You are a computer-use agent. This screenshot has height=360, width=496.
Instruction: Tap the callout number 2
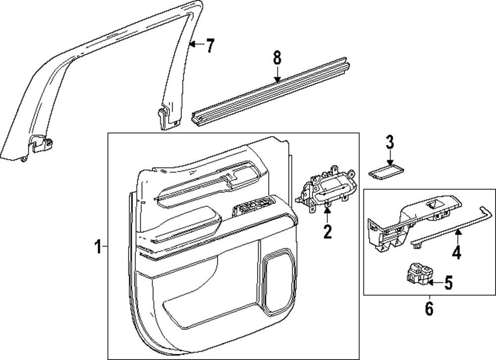pyautogui.click(x=327, y=231)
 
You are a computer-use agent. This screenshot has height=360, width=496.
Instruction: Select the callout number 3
pyautogui.click(x=390, y=143)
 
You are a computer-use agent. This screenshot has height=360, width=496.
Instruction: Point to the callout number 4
pyautogui.click(x=456, y=253)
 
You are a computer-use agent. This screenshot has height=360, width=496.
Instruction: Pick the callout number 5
pyautogui.click(x=448, y=283)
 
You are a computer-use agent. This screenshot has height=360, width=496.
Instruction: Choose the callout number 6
pyautogui.click(x=429, y=308)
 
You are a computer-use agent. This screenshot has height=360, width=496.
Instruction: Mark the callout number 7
pyautogui.click(x=210, y=46)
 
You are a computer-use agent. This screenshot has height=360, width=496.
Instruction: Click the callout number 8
pyautogui.click(x=277, y=58)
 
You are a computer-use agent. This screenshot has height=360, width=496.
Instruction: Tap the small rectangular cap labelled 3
pyautogui.click(x=385, y=172)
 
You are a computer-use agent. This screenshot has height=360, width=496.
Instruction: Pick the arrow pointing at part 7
pyautogui.click(x=196, y=45)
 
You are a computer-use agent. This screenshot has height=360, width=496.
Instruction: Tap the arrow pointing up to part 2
pyautogui.click(x=327, y=214)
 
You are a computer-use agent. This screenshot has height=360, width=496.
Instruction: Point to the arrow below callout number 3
pyautogui.click(x=390, y=158)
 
